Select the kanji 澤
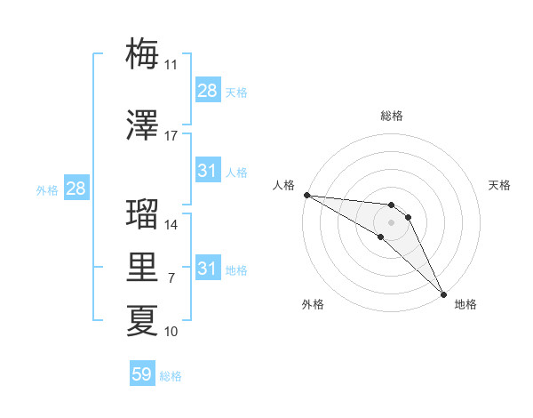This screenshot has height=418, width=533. point(142,125)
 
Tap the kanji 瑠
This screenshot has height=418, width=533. point(142,214)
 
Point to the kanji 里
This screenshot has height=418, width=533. point(142,268)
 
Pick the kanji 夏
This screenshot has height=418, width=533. point(142,321)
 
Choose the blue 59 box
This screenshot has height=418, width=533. point(142,374)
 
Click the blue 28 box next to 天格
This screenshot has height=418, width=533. point(208,91)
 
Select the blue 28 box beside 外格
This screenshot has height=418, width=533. point(76,189)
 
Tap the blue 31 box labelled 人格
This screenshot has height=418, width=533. point(208,171)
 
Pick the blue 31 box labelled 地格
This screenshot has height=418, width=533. point(208,269)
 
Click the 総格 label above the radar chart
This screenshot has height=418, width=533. point(392,116)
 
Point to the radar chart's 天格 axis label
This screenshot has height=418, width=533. point(499,185)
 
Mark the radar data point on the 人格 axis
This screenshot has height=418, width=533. point(306,195)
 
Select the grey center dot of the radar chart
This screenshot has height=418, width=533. point(391,221)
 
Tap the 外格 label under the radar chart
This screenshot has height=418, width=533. point(313,304)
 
